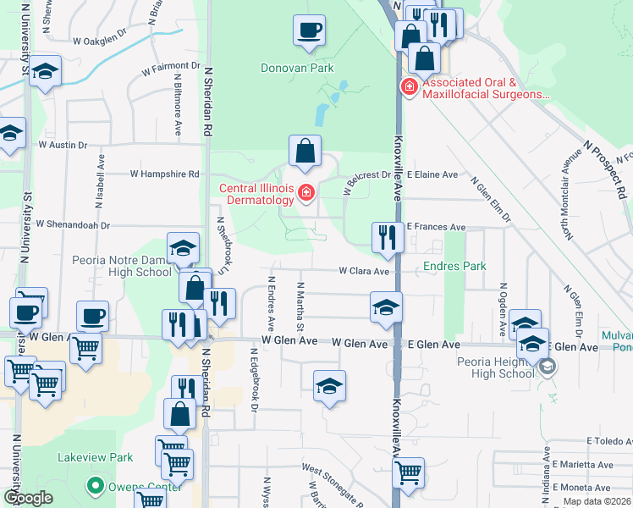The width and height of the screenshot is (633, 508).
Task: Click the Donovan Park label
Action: click(x=297, y=68)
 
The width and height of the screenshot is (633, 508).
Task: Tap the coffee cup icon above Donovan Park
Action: click(x=309, y=30)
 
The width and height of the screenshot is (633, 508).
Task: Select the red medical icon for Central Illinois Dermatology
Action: click(x=306, y=194)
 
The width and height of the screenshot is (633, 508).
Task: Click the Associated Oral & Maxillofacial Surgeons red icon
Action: click(x=408, y=87)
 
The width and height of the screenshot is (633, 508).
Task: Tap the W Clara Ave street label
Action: click(x=364, y=272)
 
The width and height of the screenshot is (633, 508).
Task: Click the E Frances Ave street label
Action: click(x=436, y=227)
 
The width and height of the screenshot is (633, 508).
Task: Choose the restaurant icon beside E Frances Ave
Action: click(x=387, y=236)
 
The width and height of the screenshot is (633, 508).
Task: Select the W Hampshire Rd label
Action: click(x=164, y=174)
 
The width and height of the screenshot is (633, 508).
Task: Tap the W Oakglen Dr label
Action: click(x=99, y=40)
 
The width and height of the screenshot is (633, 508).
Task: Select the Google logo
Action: click(x=28, y=498)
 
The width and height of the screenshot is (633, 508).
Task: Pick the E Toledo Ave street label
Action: click(x=609, y=441)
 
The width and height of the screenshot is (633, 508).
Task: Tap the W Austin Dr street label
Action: click(x=63, y=145)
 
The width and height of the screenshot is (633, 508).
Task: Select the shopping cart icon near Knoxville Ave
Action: click(x=409, y=472)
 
